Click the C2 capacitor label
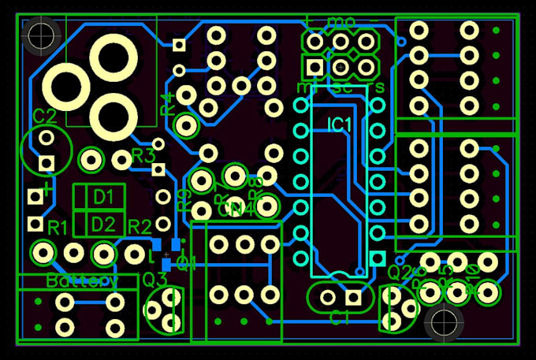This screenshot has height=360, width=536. click(x=45, y=116)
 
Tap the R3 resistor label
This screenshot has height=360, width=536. click(x=143, y=154)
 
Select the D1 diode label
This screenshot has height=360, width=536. click(x=104, y=195)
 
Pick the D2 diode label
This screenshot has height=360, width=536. click(x=103, y=224)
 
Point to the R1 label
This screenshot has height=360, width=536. click(x=58, y=228)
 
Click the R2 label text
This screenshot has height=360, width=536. click(x=140, y=227)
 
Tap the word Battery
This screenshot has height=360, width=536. click(x=82, y=280)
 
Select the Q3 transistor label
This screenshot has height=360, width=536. click(x=154, y=278)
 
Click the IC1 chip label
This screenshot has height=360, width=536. click(x=341, y=124)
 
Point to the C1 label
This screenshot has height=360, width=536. click(x=340, y=318)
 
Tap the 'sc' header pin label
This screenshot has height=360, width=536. click(x=342, y=87)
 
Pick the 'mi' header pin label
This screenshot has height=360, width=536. click(x=305, y=85)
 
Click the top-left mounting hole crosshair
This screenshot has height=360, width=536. click(x=39, y=34)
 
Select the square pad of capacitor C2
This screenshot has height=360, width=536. click(x=46, y=163)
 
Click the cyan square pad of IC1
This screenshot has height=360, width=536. click(x=378, y=258)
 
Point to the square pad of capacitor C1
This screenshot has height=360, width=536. click(x=352, y=297)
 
